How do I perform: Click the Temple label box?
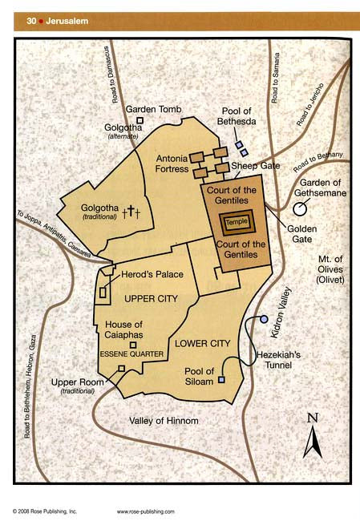click(x=237, y=220)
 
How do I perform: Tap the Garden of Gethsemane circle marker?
click(x=299, y=209)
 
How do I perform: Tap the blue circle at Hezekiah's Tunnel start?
click(x=264, y=320)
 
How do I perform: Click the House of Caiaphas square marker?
click(x=144, y=343)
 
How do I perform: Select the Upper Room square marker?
click(x=121, y=368)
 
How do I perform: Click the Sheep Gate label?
click(x=254, y=166)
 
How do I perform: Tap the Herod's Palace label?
click(x=152, y=274)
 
